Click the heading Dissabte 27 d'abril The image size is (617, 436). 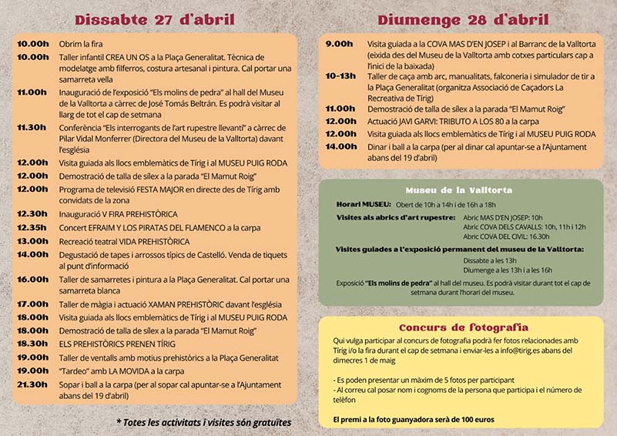coord(154,19)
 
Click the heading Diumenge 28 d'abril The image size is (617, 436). coord(464,19)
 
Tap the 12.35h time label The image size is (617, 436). coord(33,227)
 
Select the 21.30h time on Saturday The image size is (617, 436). coord(33,384)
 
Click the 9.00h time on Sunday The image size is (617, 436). coord(340,45)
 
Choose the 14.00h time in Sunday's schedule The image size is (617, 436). coord(340,146)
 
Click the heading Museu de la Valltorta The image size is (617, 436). coord(460,189)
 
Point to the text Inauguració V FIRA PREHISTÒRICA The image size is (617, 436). coord(119,213)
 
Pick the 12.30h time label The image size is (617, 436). coord(33,213)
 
